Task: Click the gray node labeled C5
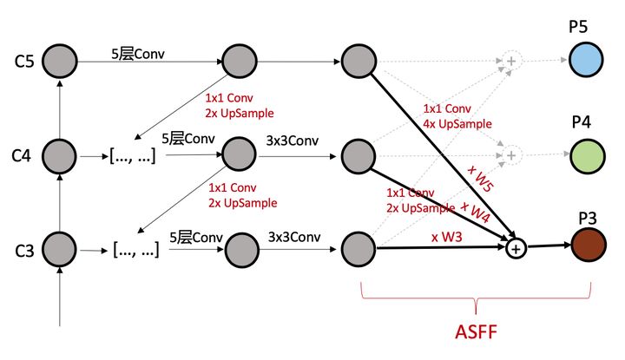pyautogui.click(x=59, y=61)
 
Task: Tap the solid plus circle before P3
pyautogui.click(x=516, y=249)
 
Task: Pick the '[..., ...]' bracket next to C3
pyautogui.click(x=135, y=250)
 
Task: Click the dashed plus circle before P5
pyautogui.click(x=511, y=61)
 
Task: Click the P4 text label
pyautogui.click(x=582, y=121)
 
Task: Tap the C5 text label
pyautogui.click(x=23, y=62)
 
